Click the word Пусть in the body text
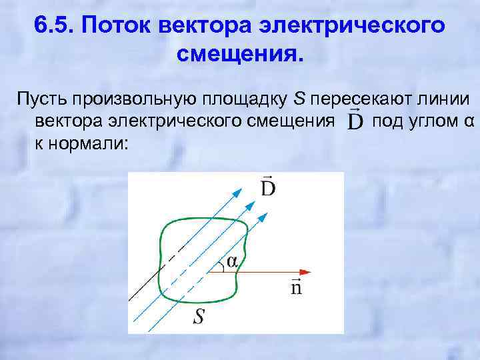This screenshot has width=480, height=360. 41,101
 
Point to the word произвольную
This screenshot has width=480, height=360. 133,101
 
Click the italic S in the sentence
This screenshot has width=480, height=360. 299,101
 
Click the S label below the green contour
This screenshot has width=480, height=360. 199,317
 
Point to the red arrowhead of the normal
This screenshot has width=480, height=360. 305,272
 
